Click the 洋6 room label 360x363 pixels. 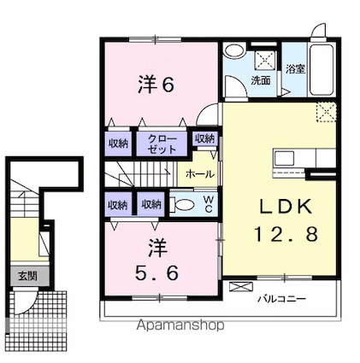tap(156, 85)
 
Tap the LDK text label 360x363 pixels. tap(286, 207)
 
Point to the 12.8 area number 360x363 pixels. tap(286, 234)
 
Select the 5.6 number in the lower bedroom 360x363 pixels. tap(156, 272)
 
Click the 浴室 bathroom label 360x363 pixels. tap(295, 68)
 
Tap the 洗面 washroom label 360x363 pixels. tap(260, 80)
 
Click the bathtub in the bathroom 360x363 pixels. tap(322, 70)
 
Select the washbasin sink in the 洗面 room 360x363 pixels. tap(234, 51)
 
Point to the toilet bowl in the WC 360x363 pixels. tap(184, 204)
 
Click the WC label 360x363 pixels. tap(209, 204)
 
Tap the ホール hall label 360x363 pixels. tap(199, 173)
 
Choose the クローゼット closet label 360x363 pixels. tap(162, 144)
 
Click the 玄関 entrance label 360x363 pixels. tap(27, 276)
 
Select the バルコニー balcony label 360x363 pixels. tap(282, 299)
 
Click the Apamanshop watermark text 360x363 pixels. tap(180, 325)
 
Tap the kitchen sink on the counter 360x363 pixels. tap(284, 158)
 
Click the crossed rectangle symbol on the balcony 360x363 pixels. tap(241, 286)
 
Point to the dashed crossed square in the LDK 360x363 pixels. tap(327, 113)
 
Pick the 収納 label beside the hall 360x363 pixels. tap(204, 138)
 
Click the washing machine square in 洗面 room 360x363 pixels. tap(266, 60)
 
